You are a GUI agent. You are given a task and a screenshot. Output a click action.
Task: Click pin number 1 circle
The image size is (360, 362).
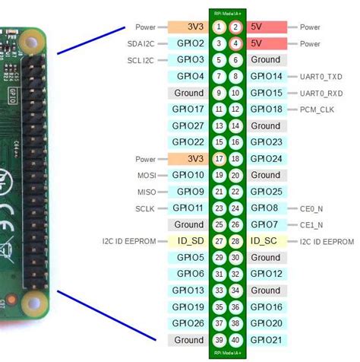(x=219, y=27)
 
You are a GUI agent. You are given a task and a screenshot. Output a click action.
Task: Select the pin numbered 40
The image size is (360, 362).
(x=235, y=339)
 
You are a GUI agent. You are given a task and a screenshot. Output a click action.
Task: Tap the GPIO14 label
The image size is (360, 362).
(x=266, y=77)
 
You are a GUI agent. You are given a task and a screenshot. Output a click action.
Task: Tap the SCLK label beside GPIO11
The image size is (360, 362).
(x=146, y=208)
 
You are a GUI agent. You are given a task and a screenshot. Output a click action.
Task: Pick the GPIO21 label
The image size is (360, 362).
(x=266, y=339)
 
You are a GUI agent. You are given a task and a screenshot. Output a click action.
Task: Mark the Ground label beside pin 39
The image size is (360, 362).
(x=189, y=339)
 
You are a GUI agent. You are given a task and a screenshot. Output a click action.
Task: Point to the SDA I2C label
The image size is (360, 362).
(x=141, y=44)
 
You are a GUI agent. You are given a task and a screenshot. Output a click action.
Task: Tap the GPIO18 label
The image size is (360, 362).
(x=266, y=110)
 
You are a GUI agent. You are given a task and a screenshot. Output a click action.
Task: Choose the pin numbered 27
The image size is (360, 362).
(x=219, y=241)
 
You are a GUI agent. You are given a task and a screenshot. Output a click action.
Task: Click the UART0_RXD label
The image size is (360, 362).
(x=320, y=93)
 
